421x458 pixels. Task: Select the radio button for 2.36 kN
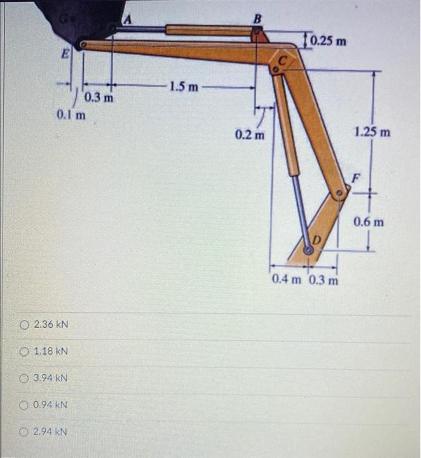[24, 325]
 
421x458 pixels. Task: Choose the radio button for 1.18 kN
[24, 351]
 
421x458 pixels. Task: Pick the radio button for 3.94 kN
[24, 378]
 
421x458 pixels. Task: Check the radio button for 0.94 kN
[24, 405]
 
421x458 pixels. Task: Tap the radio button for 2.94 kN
[24, 432]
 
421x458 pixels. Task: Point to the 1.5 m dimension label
[183, 86]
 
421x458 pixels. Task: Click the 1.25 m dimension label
[373, 133]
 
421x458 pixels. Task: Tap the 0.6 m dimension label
[369, 222]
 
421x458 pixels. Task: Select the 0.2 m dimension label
[250, 135]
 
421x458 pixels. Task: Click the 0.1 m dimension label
[71, 115]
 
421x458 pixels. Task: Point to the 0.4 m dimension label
[288, 281]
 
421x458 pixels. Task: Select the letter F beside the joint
[356, 177]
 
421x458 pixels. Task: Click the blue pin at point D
[308, 249]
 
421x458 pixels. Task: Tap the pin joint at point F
[339, 194]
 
